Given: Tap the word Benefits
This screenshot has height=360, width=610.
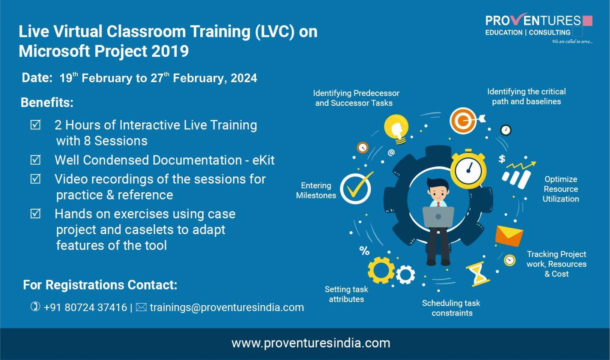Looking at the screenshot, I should (x=47, y=102).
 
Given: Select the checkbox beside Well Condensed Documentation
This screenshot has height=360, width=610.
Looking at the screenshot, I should (x=36, y=160).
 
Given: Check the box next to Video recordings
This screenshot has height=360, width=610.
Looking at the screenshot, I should (x=36, y=179).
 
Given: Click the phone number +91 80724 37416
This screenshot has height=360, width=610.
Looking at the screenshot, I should (x=85, y=307).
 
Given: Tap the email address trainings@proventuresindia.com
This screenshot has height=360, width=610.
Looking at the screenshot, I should (x=227, y=307).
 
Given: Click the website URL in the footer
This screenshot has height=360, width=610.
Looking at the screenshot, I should (x=311, y=343).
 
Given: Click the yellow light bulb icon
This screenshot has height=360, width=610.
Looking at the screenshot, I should (x=397, y=129).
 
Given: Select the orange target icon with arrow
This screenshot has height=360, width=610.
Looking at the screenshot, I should (x=464, y=120).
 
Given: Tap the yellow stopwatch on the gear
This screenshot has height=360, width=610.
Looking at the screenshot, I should (x=469, y=170).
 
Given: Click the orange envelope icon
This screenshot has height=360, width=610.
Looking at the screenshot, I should (x=509, y=236).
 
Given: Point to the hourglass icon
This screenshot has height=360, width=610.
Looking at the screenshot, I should (x=478, y=274).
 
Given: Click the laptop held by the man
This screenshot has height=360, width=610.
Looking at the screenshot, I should (x=438, y=217).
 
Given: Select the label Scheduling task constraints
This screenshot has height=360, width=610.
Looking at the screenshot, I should (x=451, y=308).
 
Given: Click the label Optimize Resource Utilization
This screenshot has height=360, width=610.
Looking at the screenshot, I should (x=560, y=189).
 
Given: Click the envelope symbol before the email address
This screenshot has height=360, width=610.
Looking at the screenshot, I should (x=141, y=307).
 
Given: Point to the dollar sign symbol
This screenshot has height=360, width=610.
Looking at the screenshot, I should (x=502, y=159).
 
